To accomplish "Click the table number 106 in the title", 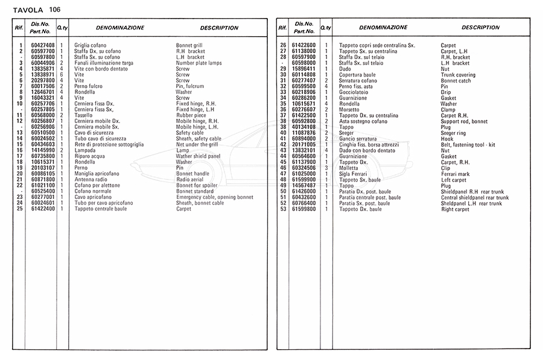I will click(55, 9).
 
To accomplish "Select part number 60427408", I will click(42, 46).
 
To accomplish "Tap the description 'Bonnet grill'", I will click(189, 46).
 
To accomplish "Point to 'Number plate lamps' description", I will click(199, 63).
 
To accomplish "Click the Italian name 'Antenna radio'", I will click(91, 180).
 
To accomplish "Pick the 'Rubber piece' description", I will click(191, 115).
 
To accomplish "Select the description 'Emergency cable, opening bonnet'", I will click(214, 197).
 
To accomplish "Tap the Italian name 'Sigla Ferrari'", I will click(354, 174).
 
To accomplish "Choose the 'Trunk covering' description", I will click(458, 75).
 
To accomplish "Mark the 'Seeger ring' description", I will click(454, 133).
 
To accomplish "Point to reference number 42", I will click(283, 145).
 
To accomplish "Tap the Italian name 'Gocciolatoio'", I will click(354, 92).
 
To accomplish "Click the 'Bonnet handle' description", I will click(192, 174).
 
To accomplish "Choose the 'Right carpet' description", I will click(455, 209).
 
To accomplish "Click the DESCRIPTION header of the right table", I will click(480, 28).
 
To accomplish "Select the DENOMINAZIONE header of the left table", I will click(119, 28).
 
